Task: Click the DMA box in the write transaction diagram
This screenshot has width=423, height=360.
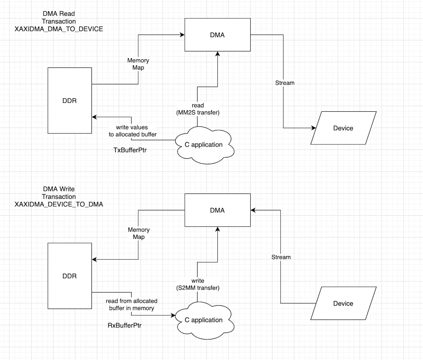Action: click(x=218, y=210)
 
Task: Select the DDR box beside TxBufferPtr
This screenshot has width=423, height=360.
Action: click(x=70, y=100)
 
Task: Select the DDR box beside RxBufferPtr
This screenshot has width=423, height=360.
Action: click(x=70, y=276)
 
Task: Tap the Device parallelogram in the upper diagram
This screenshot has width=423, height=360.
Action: click(x=343, y=128)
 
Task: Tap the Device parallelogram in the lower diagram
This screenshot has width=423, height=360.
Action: click(x=343, y=303)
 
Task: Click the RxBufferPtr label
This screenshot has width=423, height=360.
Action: click(x=124, y=325)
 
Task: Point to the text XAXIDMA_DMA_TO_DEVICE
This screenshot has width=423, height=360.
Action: click(x=59, y=29)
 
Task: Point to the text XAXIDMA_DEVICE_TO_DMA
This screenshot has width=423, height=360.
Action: click(x=59, y=204)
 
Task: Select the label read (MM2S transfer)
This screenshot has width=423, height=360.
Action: click(x=197, y=109)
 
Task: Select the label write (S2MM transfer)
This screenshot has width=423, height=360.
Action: click(x=198, y=284)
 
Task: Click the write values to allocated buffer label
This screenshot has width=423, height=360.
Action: click(x=132, y=131)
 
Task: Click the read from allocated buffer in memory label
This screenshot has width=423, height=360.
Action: click(x=132, y=304)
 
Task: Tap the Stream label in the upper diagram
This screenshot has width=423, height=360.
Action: click(x=285, y=82)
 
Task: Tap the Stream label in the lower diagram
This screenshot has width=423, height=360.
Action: click(x=281, y=257)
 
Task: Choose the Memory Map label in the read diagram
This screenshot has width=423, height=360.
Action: click(x=138, y=64)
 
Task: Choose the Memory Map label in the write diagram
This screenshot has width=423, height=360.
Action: click(x=139, y=233)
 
